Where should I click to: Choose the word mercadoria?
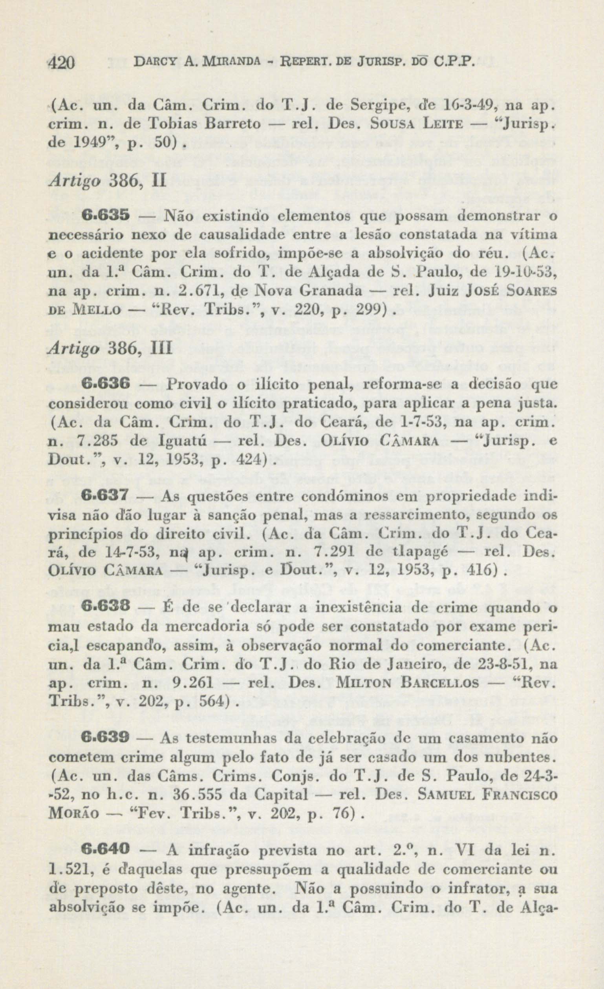(207, 626)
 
